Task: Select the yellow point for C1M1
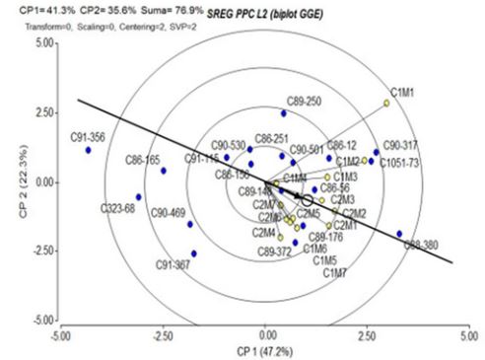tap(386, 103)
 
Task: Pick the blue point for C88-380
tap(399, 234)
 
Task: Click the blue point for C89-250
tap(284, 112)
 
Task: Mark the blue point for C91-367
tap(194, 253)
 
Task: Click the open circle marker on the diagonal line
tap(307, 199)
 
